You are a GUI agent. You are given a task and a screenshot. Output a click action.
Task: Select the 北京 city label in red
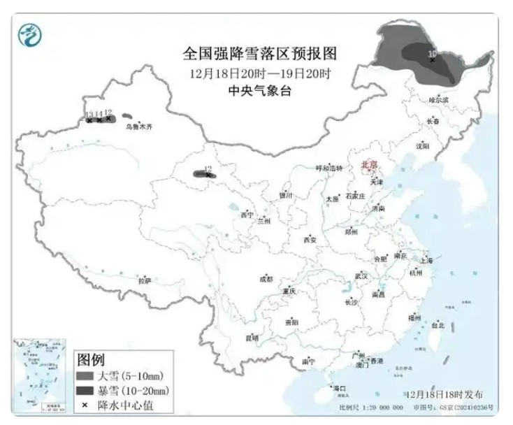[x=368, y=165]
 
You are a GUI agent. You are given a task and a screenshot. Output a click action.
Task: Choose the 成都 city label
[x=266, y=278]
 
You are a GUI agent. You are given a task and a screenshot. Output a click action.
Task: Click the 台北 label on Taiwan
[x=438, y=325]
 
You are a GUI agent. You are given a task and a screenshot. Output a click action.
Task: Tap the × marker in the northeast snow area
[x=433, y=60]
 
